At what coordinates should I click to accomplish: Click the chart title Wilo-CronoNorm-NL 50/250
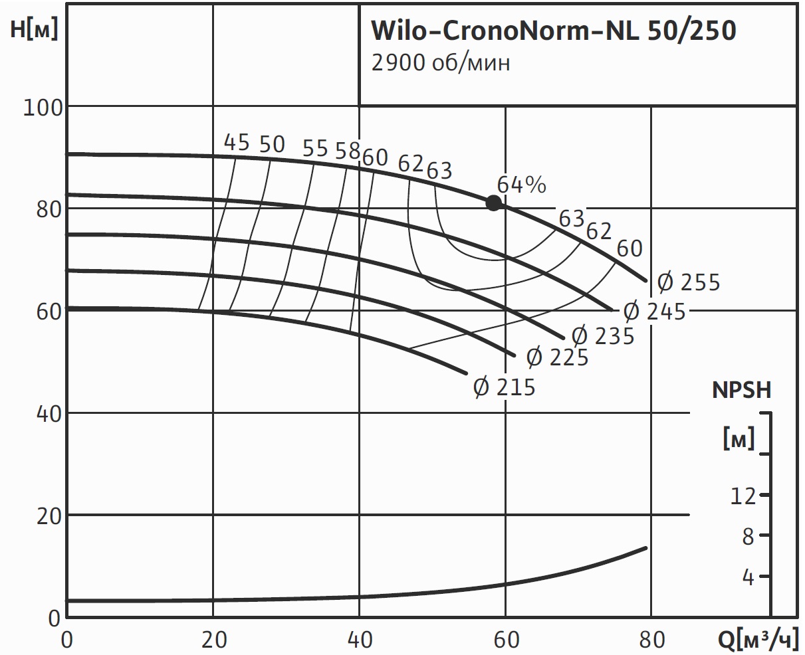[552, 31]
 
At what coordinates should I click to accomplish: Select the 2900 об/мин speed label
[441, 64]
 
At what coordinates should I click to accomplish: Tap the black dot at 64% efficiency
[493, 203]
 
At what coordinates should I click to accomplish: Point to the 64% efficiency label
[521, 185]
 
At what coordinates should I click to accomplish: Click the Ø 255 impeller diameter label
[689, 283]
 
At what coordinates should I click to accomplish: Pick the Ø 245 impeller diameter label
[654, 312]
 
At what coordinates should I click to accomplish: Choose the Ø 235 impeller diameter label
[603, 336]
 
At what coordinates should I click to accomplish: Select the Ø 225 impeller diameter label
[557, 358]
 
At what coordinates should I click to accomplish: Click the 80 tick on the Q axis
[651, 640]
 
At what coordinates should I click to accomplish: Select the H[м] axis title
[35, 31]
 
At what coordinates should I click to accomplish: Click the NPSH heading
[742, 391]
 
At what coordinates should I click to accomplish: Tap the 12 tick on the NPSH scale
[743, 496]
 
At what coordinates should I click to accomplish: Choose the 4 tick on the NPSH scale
[748, 577]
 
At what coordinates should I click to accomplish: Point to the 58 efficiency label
[347, 151]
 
